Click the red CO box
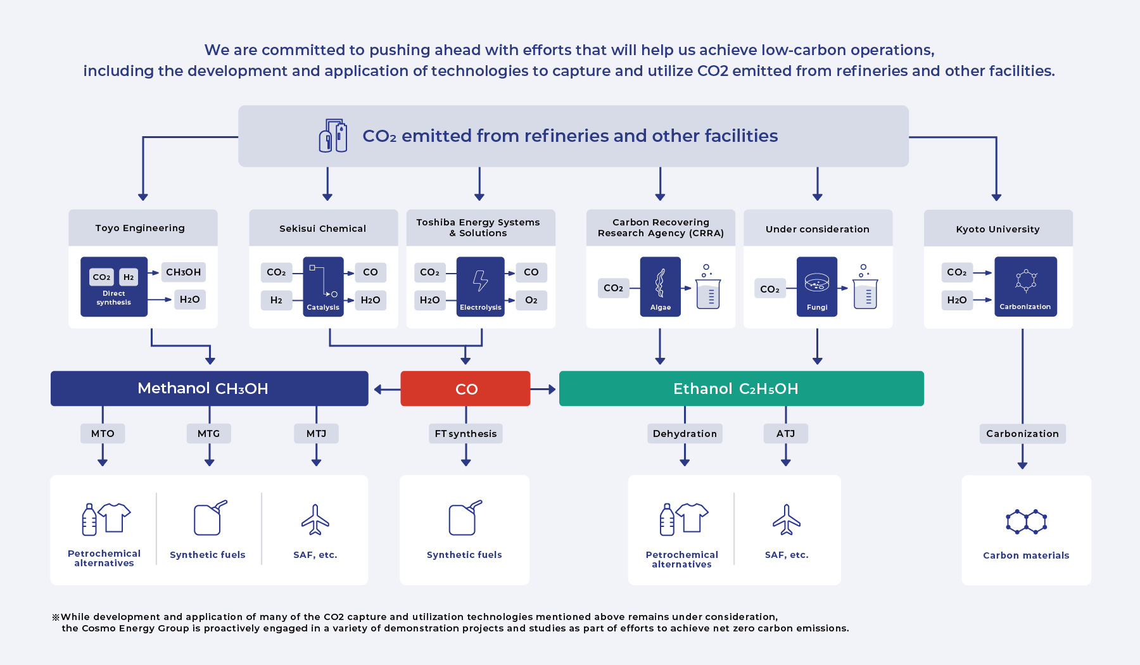tap(465, 388)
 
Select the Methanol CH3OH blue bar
tap(209, 388)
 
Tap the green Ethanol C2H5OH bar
tap(741, 388)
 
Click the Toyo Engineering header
tap(140, 228)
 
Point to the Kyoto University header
tap(997, 229)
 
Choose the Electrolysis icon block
tap(480, 286)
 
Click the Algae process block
tap(660, 286)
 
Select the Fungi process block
tap(816, 286)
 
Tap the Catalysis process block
tap(323, 286)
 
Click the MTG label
tap(208, 434)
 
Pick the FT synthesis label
tap(465, 434)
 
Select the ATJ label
tap(785, 434)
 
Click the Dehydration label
tap(685, 434)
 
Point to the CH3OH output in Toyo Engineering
tap(183, 272)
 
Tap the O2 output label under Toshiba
tap(531, 300)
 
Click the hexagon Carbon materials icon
tap(1026, 522)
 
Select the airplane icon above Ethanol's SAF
tap(786, 520)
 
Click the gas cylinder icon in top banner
tap(333, 136)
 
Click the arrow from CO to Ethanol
tap(544, 389)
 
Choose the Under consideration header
tap(817, 229)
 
